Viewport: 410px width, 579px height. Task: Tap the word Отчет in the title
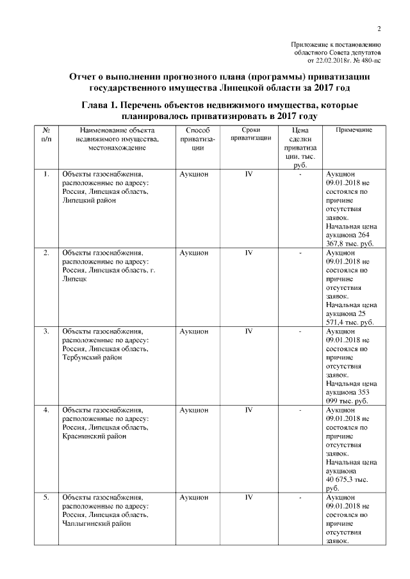click(86, 76)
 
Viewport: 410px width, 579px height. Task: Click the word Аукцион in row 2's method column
click(194, 253)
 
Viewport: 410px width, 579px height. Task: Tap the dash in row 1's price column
click(300, 174)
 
